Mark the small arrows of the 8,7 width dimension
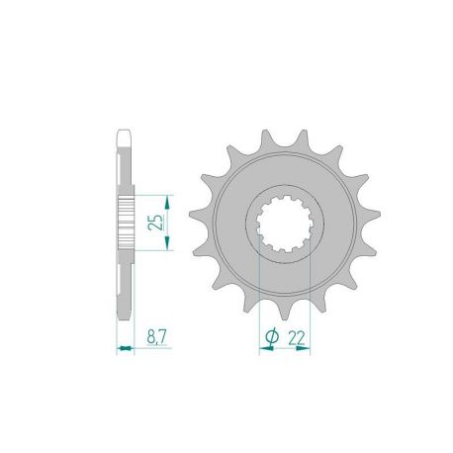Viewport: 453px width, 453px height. (125, 347)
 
